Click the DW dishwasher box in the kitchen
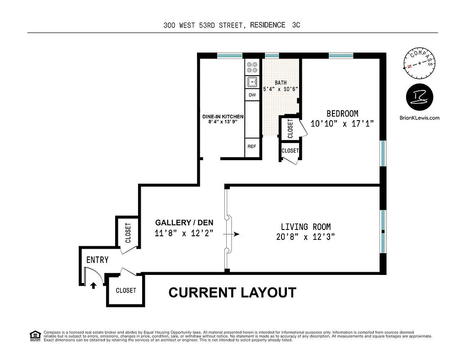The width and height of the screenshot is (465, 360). [x=252, y=95]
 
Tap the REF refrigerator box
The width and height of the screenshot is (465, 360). [x=252, y=146]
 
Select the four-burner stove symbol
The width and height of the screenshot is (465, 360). [x=252, y=67]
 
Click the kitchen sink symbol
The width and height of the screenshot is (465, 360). [x=252, y=82]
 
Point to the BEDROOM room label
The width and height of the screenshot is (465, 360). [x=342, y=113]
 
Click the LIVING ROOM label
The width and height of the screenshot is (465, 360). [x=305, y=227]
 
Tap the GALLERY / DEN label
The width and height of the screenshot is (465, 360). [x=184, y=222]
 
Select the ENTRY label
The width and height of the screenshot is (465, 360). [x=97, y=260]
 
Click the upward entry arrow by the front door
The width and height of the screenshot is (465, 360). [x=94, y=284]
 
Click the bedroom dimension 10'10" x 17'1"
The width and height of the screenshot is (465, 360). [x=342, y=123]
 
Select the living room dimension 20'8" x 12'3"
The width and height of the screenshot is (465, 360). [x=305, y=237]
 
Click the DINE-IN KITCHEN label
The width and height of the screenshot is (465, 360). [x=223, y=116]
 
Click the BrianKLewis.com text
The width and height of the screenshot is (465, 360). [x=419, y=118]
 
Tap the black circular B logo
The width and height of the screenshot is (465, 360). [x=419, y=96]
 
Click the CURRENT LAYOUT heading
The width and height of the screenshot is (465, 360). [x=232, y=292]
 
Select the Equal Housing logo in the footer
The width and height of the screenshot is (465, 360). [x=34, y=336]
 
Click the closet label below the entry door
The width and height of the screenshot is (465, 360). [x=126, y=290]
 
